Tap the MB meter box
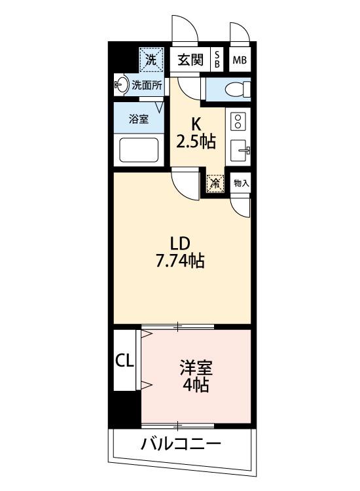tap(240, 60)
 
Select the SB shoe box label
tap(217, 60)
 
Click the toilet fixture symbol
tap(232, 88)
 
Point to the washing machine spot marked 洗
tap(151, 59)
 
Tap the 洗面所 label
tap(147, 84)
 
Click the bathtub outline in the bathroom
tap(139, 151)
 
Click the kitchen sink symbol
tap(240, 150)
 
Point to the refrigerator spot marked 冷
tap(215, 184)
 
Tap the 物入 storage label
tap(241, 183)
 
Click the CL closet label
tap(125, 360)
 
